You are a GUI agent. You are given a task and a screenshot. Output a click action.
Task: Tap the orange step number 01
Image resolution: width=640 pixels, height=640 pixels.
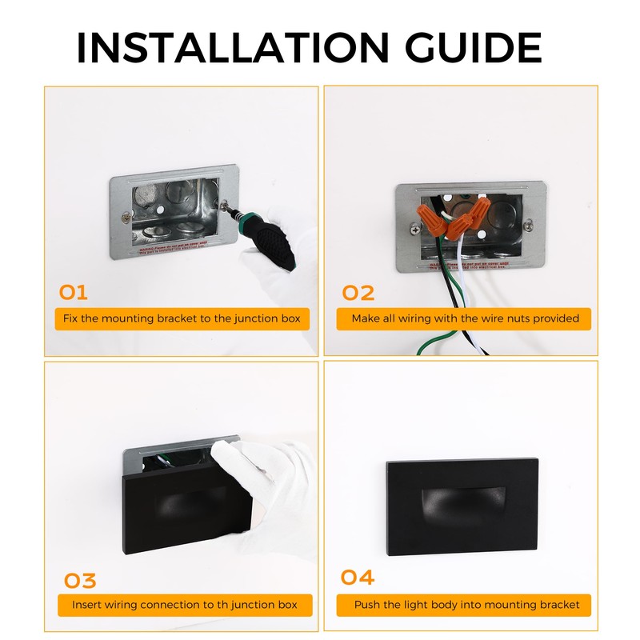pyautogui.click(x=74, y=292)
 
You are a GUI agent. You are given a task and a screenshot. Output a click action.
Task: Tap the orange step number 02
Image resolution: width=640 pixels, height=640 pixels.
pyautogui.click(x=358, y=293)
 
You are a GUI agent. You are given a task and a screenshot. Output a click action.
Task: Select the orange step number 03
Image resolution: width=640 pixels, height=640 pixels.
pyautogui.click(x=79, y=580)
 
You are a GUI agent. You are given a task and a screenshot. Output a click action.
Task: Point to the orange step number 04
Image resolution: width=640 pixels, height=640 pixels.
pyautogui.click(x=357, y=578)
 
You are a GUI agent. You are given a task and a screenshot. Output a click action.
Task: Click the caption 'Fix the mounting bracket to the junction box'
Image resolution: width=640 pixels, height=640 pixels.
pyautogui.click(x=182, y=318)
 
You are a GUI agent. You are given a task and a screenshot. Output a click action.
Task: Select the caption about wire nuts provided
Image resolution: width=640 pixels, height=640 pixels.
pyautogui.click(x=465, y=318)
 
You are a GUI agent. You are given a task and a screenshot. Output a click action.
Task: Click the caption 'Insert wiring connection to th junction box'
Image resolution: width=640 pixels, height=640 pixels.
pyautogui.click(x=184, y=605)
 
